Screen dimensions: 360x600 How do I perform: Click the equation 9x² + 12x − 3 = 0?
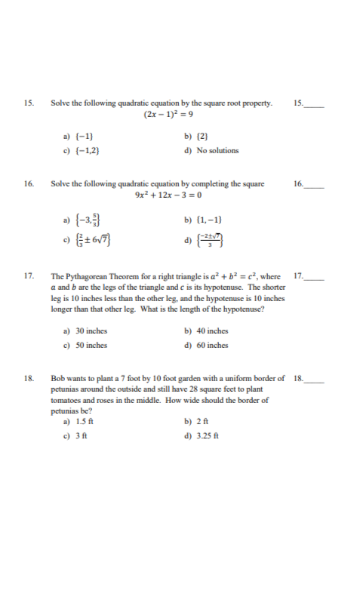[x=169, y=195]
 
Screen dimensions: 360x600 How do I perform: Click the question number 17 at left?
[x=29, y=276]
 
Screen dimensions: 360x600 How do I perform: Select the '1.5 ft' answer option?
[x=82, y=421]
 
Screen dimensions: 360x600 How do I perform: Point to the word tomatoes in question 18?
[x=66, y=400]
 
